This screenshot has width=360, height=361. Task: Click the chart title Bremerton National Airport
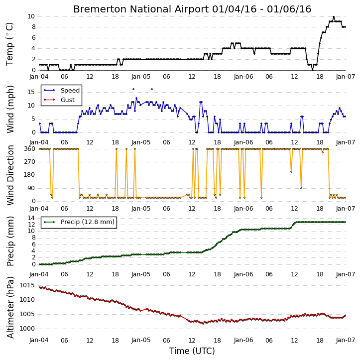[141, 9]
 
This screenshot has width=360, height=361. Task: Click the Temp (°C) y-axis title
[9, 44]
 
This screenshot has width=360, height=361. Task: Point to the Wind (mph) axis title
[10, 110]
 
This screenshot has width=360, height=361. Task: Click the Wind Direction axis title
[10, 175]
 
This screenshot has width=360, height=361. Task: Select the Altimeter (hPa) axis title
[10, 307]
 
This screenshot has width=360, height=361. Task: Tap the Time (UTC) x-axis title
[192, 351]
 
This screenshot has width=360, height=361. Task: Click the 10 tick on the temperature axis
[31, 16]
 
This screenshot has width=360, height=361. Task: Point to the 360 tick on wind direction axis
[30, 149]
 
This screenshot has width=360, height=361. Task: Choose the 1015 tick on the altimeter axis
[27, 285]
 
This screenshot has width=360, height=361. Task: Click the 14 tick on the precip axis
[31, 218]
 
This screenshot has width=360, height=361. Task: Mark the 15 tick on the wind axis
[31, 92]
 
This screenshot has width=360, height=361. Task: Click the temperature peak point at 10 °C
[334, 16]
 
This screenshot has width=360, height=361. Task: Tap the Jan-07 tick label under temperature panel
[346, 77]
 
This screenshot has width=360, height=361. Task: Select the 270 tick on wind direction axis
[30, 162]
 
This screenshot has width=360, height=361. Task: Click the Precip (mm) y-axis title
[10, 241]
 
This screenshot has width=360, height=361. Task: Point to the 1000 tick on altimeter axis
[27, 329]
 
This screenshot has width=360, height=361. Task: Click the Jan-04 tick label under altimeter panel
[39, 340]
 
